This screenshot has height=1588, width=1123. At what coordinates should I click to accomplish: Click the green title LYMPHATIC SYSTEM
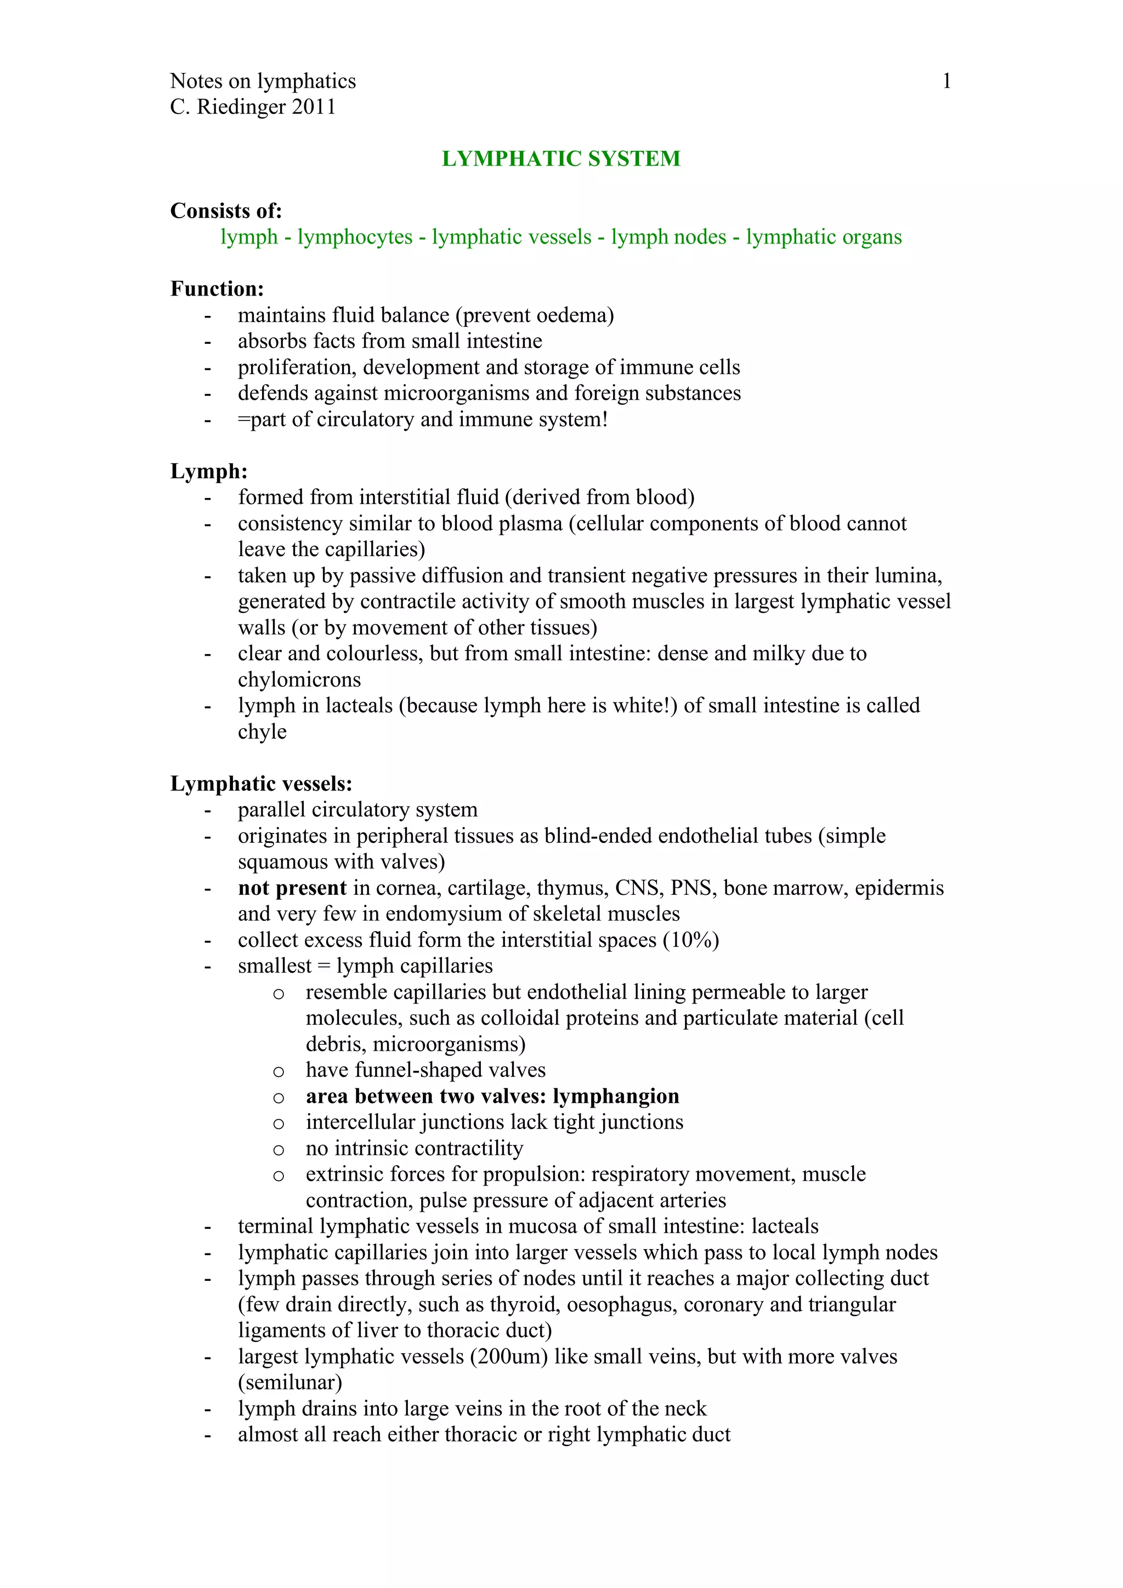[561, 158]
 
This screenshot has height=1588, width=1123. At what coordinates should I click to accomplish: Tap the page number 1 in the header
[946, 82]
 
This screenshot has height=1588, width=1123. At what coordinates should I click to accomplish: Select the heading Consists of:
[226, 211]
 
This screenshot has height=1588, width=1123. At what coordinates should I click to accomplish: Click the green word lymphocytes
[355, 237]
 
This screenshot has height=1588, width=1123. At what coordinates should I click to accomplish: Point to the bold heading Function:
[217, 288]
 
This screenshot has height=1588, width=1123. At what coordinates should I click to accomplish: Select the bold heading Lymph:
[209, 471]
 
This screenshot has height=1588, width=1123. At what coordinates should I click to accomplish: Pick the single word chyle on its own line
[262, 731]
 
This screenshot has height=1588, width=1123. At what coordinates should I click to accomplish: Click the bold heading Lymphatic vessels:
[262, 784]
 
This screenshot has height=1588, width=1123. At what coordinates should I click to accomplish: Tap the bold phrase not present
[292, 888]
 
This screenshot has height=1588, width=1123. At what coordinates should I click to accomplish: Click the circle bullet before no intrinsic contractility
[279, 1149]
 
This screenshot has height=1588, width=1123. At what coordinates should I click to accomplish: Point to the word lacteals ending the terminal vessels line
[784, 1226]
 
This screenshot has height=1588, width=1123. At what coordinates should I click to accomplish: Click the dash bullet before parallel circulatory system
[207, 810]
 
